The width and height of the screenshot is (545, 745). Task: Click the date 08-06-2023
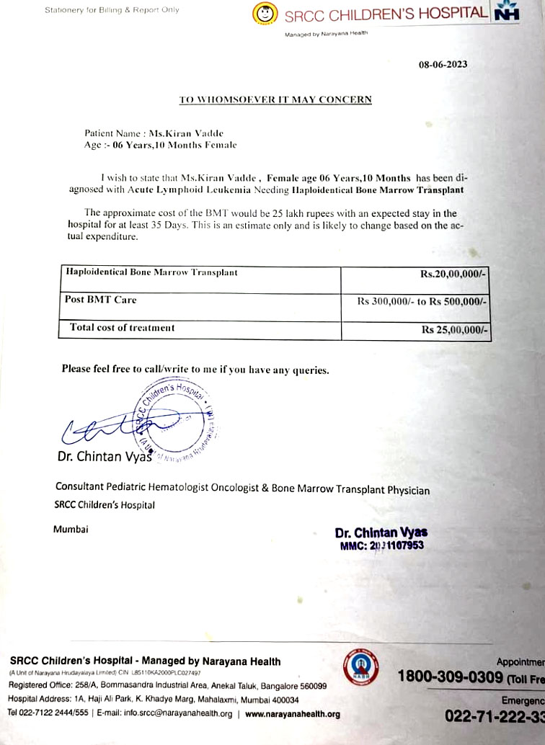443,64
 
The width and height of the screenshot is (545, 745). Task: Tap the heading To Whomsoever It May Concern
275,99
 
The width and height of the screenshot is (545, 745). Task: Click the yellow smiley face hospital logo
265,13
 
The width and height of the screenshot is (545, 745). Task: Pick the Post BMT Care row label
101,300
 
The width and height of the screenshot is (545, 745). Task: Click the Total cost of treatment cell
122,328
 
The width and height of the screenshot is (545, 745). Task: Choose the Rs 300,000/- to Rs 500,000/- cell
422,302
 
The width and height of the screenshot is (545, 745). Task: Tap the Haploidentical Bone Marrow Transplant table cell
151,272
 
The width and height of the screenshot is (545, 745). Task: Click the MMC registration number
381,545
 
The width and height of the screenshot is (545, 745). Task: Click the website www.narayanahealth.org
292,714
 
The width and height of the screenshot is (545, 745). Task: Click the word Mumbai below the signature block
71,530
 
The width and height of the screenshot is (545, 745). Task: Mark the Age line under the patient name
160,145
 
